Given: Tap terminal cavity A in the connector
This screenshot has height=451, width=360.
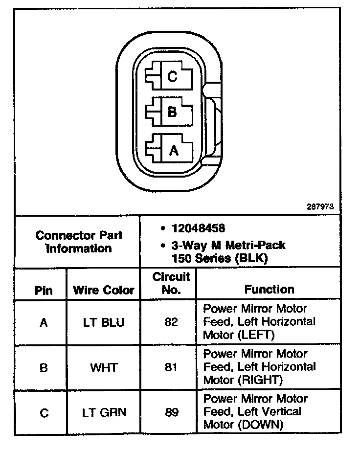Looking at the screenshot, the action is pyautogui.click(x=172, y=150).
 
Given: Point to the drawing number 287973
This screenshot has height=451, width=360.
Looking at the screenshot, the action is pyautogui.click(x=320, y=206).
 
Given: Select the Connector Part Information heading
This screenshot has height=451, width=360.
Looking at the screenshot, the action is pyautogui.click(x=79, y=242).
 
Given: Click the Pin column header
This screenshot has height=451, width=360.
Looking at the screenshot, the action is pyautogui.click(x=44, y=290).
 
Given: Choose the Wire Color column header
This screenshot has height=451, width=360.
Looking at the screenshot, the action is pyautogui.click(x=103, y=290).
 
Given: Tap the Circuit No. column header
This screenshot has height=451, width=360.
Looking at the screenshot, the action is pyautogui.click(x=171, y=283).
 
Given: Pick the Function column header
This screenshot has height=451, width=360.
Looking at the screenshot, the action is pyautogui.click(x=270, y=289).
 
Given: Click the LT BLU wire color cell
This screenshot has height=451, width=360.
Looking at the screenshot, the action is pyautogui.click(x=104, y=323).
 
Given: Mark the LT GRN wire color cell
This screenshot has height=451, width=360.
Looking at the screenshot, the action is pyautogui.click(x=104, y=412).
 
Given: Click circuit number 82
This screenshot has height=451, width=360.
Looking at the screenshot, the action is pyautogui.click(x=171, y=323).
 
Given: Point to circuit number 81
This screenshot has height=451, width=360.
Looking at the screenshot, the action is pyautogui.click(x=171, y=367).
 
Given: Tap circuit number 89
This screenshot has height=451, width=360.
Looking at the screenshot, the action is pyautogui.click(x=171, y=412).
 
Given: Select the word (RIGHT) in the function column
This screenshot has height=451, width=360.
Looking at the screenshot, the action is pyautogui.click(x=258, y=380).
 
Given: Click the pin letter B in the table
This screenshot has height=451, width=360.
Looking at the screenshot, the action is pyautogui.click(x=44, y=367).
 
